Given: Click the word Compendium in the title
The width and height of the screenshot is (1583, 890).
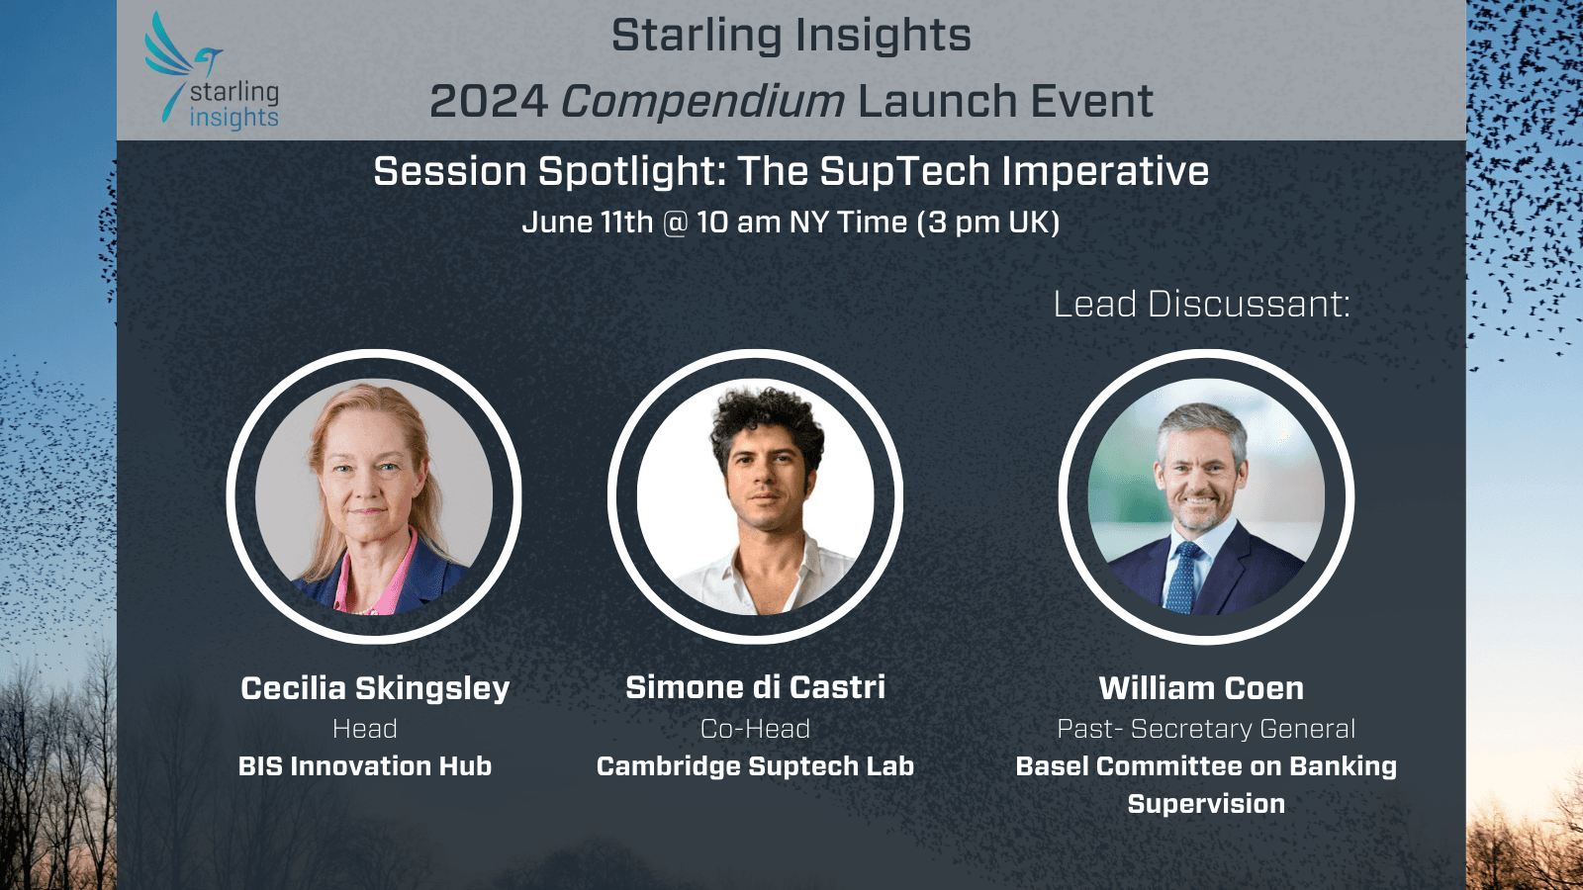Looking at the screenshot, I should tap(702, 101).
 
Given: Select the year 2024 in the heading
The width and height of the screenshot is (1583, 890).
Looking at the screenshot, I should tap(489, 101).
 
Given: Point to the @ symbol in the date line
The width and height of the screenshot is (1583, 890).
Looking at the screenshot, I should tap(675, 222).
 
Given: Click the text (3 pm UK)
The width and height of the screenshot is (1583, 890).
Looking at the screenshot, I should tap(988, 222).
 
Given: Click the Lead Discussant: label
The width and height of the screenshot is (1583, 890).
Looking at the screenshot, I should tap(1201, 304).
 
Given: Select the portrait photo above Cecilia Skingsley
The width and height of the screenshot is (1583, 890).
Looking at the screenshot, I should tap(374, 496).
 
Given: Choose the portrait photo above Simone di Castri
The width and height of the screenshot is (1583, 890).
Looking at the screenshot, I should tap(755, 496).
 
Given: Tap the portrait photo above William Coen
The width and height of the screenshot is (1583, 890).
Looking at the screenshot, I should tap(1206, 496).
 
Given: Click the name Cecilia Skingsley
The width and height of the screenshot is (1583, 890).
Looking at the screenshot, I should tap(375, 688).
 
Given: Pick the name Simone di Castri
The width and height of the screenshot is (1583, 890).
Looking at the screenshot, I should tap(755, 687).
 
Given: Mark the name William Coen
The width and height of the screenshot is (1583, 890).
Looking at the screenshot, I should tap(1201, 688).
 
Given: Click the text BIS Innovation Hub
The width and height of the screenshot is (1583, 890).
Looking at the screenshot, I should tap(365, 766).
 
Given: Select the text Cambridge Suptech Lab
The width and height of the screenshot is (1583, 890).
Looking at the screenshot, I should tap(755, 766).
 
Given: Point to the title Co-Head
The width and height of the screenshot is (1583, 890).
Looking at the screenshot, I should tap(755, 729).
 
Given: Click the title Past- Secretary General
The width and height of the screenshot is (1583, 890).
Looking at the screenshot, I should tap(1206, 729).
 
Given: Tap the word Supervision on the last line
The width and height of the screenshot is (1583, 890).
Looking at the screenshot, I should tap(1206, 804).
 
